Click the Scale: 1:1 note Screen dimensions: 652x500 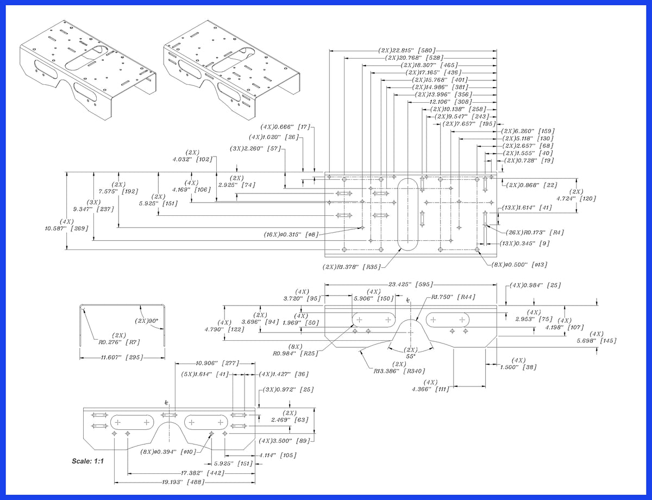pos(87,461)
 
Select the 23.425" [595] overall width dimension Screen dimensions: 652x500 pos(411,284)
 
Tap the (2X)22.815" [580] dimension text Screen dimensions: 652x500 pos(406,51)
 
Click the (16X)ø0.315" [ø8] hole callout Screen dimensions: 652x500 pos(291,234)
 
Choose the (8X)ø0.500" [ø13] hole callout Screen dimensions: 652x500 pos(519,265)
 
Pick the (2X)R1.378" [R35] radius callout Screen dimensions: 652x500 pos(352,267)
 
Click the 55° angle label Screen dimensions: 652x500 pos(410,356)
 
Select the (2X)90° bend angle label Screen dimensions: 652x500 pos(146,321)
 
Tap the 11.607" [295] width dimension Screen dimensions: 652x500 pos(122,357)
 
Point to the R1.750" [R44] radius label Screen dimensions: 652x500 pos(453,297)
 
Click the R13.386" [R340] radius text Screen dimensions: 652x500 pos(399,371)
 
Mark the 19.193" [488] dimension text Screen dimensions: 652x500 pos(183,482)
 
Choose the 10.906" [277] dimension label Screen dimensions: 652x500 pos(217,364)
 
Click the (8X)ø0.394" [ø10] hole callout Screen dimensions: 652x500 pos(168,452)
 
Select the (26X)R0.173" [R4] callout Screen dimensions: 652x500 pos(535,232)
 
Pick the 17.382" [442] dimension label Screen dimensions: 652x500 pos(203,473)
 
